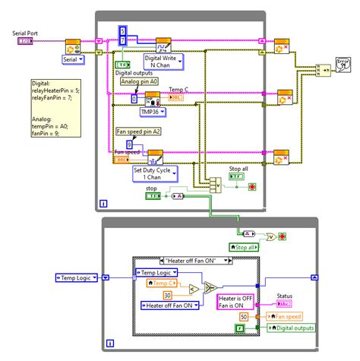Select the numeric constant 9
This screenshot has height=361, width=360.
coord(128,143)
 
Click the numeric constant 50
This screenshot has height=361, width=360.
coord(244,315)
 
